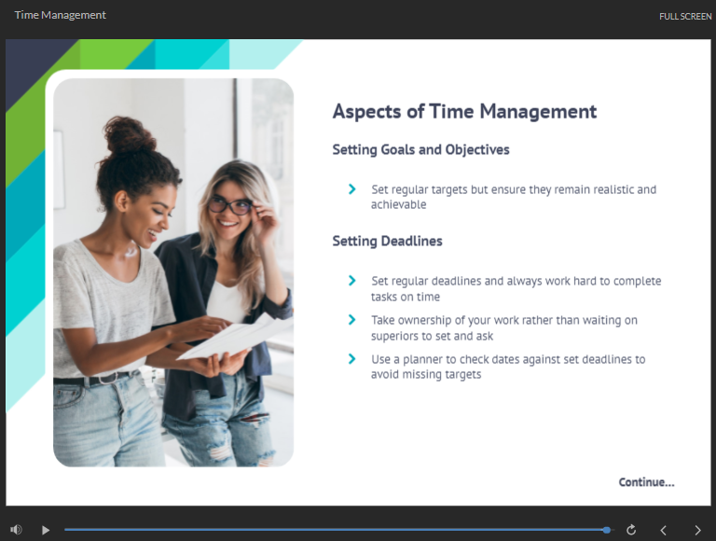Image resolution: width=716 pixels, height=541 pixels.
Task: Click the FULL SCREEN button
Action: click(685, 17)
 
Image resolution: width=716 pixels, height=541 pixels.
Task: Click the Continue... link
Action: click(646, 482)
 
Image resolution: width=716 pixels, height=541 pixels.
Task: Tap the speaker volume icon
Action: click(16, 530)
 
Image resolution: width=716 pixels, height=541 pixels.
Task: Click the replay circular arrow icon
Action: click(631, 530)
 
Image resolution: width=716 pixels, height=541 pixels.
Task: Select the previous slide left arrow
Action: click(663, 530)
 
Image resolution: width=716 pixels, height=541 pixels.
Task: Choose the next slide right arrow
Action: click(697, 530)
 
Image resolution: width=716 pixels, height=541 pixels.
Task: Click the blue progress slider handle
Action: click(606, 530)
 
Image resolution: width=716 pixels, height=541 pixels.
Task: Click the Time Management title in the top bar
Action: click(61, 15)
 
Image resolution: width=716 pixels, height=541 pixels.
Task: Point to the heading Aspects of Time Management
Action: click(464, 112)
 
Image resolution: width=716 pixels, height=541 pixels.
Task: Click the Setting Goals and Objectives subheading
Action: click(420, 150)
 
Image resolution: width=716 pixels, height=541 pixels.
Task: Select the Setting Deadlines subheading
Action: click(387, 241)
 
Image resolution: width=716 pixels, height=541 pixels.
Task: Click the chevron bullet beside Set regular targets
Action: click(351, 188)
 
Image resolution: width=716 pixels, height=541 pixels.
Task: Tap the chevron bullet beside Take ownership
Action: click(351, 320)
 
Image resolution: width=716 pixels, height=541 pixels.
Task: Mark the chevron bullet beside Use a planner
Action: click(351, 359)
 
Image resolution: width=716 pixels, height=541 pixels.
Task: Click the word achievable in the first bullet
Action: click(398, 204)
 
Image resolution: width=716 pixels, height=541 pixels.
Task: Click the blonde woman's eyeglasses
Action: click(230, 206)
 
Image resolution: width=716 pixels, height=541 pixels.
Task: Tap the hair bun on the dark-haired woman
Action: click(127, 134)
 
